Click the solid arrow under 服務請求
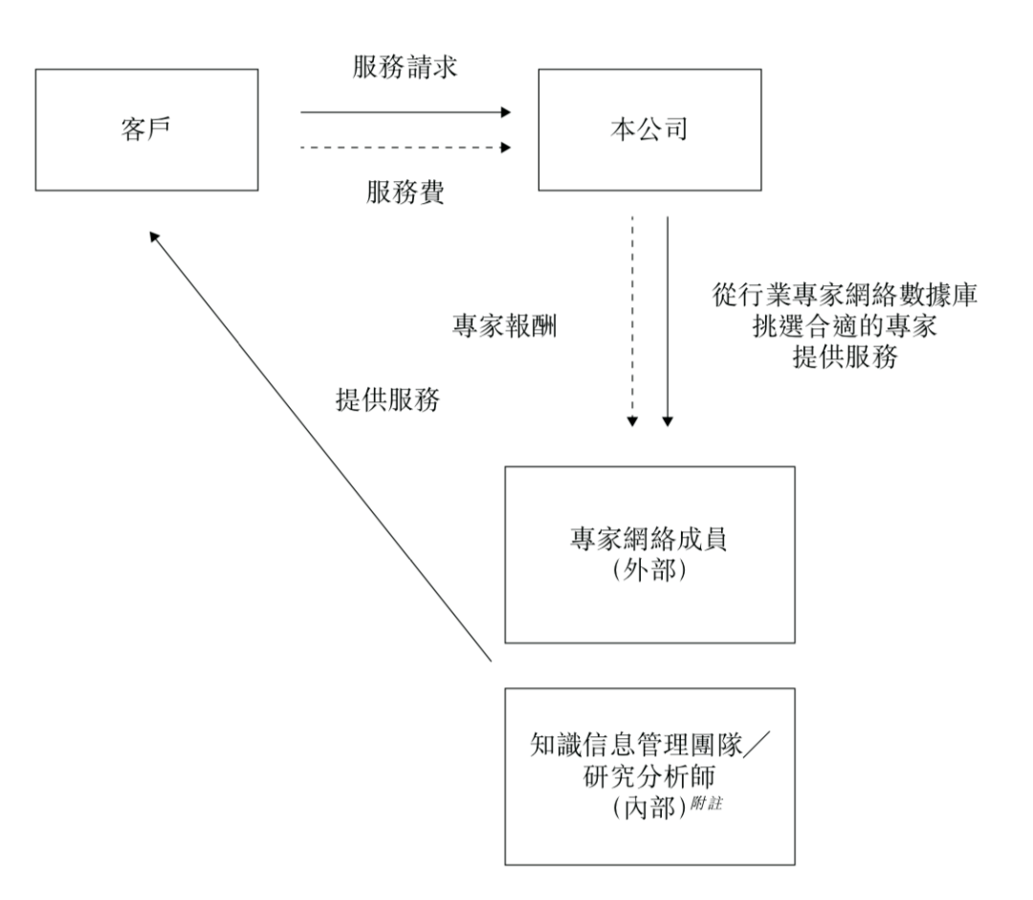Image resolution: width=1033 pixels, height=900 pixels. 406,112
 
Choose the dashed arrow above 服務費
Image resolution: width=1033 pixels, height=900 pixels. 406,147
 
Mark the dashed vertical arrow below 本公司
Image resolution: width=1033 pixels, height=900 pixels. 631,321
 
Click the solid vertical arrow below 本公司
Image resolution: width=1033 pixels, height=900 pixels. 668,321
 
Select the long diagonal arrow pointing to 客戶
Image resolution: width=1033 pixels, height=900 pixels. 320,445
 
